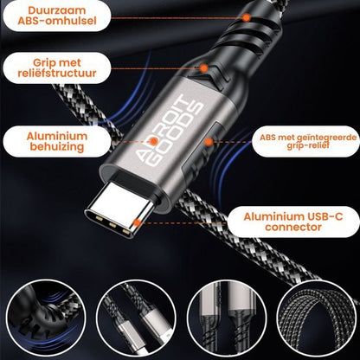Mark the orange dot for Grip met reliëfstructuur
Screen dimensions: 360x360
point(204,67)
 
